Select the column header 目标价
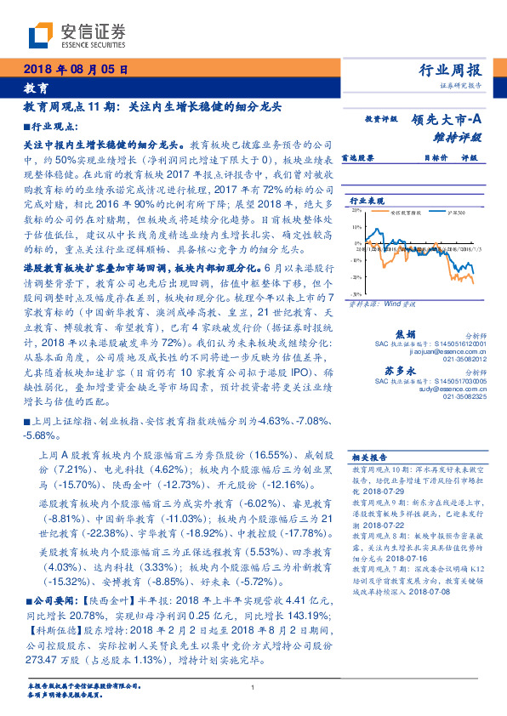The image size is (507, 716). point(436,157)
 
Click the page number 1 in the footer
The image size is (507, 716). point(253,687)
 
